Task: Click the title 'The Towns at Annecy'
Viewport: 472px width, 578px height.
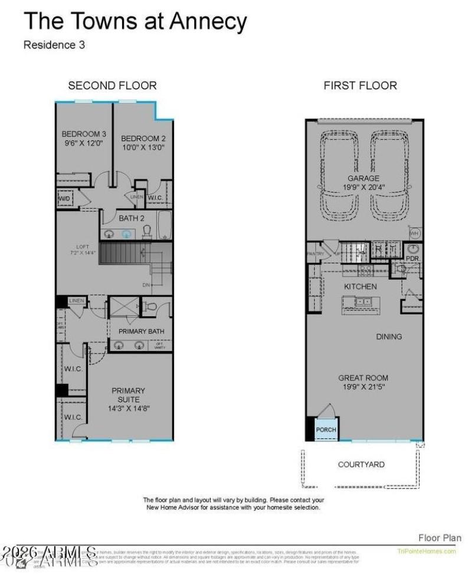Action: [x=135, y=22]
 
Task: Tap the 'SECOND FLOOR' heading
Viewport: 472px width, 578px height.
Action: [x=112, y=86]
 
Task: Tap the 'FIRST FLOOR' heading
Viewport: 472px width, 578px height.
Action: [x=360, y=86]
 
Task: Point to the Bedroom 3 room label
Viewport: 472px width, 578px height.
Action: [x=84, y=134]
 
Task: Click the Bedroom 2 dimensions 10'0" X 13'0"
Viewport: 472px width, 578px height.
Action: [x=143, y=147]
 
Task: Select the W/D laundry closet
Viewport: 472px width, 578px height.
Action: [x=64, y=199]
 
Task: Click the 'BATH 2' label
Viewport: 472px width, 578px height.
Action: [x=132, y=218]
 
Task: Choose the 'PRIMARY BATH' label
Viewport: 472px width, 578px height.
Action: [x=141, y=332]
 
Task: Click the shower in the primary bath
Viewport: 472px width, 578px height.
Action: [x=123, y=309]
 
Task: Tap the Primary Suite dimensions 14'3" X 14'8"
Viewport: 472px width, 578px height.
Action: [x=129, y=408]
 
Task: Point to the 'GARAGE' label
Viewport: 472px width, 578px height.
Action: [x=363, y=178]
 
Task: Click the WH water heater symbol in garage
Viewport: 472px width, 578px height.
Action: [x=414, y=233]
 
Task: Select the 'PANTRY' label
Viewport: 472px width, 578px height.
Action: [x=316, y=254]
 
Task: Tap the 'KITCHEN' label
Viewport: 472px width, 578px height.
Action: [x=360, y=287]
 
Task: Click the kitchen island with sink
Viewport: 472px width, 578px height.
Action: [x=361, y=303]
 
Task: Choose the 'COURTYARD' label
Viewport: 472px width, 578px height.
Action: [x=361, y=465]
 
